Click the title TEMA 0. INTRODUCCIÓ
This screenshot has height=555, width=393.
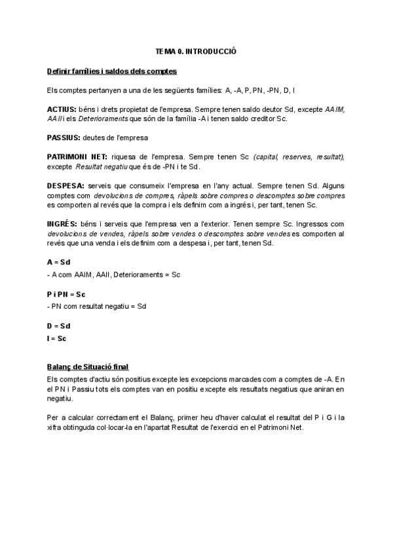pyautogui.click(x=195, y=50)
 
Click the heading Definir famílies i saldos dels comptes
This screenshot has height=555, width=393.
pyautogui.click(x=111, y=71)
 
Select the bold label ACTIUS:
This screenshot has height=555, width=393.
pyautogui.click(x=62, y=109)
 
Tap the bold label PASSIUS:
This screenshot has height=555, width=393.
pyautogui.click(x=64, y=137)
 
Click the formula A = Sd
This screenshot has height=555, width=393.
pyautogui.click(x=59, y=262)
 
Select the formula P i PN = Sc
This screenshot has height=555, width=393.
pyautogui.click(x=67, y=294)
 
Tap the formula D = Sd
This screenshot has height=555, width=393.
pyautogui.click(x=59, y=325)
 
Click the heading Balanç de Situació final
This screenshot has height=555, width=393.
pyautogui.click(x=93, y=367)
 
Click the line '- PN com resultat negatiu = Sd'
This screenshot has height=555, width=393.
pyautogui.click(x=98, y=306)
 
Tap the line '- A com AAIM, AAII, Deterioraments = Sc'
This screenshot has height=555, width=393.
pyautogui.click(x=114, y=274)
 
